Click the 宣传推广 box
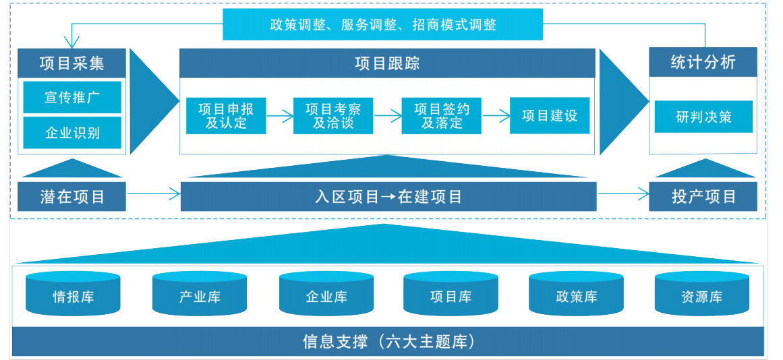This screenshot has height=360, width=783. point(72,98)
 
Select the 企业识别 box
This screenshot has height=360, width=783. point(72,133)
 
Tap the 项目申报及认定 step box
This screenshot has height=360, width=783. point(226,116)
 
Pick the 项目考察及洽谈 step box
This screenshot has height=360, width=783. point(333,116)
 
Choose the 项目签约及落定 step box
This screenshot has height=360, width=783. point(442,116)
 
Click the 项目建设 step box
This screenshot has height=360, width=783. point(550,116)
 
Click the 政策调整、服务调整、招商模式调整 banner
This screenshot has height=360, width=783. point(382,25)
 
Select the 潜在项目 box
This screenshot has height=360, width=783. point(72,197)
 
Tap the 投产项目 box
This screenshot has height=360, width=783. point(703,197)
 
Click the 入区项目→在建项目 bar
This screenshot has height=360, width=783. point(388,197)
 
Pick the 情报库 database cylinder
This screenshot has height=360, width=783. point(73,295)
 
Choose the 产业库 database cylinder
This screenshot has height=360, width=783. point(200,295)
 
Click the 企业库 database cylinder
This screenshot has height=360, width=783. point(326,295)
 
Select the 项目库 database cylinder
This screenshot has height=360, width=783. point(451,295)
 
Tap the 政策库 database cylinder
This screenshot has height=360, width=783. point(577,295)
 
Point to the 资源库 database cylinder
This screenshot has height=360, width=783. point(701,295)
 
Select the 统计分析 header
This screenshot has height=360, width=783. point(703,63)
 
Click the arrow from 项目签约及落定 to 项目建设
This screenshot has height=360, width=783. point(496,116)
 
